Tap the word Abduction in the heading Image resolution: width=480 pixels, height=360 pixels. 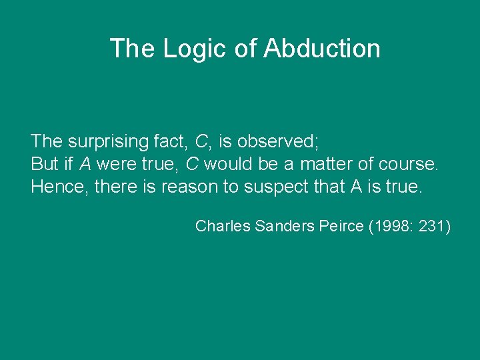pyautogui.click(x=322, y=49)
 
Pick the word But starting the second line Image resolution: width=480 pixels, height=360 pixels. pyautogui.click(x=45, y=164)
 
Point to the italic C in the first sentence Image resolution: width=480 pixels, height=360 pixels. pyautogui.click(x=201, y=141)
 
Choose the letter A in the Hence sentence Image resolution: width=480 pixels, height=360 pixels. pyautogui.click(x=356, y=187)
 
